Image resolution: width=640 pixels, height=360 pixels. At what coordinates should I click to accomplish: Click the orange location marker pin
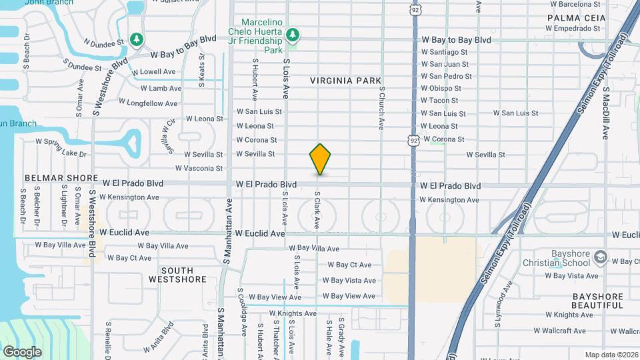[321, 159]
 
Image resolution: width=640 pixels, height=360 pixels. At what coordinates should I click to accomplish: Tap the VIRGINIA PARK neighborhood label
[345, 81]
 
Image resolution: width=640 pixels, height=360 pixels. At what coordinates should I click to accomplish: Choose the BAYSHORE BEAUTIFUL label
[597, 301]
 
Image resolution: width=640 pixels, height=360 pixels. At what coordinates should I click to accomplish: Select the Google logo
[22, 351]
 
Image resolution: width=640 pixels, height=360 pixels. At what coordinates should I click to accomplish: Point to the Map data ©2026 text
[611, 355]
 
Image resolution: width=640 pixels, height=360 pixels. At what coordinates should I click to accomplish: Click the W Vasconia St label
[199, 169]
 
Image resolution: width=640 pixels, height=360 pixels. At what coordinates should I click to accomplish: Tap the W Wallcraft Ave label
[559, 331]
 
